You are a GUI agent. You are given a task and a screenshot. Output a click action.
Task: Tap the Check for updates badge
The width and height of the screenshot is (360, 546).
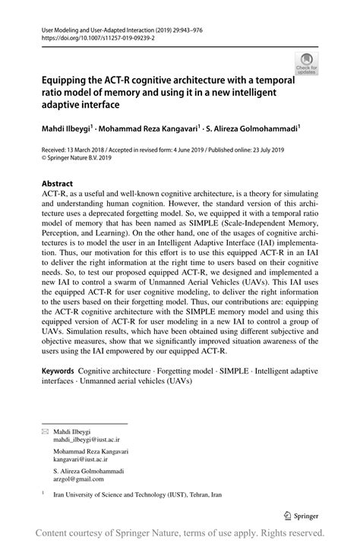307,63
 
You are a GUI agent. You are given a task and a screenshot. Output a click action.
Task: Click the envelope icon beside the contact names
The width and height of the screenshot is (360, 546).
44,431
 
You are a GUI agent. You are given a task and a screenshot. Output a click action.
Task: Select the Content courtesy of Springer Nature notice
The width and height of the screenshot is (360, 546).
180,533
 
